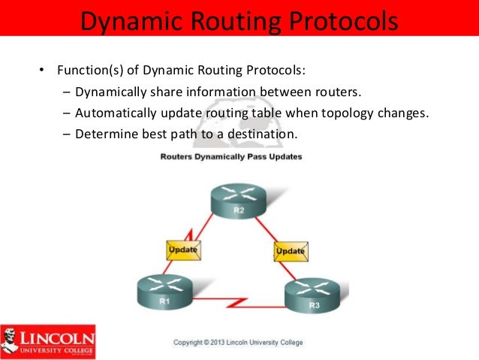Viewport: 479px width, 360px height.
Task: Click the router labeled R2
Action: [238, 201]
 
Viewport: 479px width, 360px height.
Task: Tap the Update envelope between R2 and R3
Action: [291, 250]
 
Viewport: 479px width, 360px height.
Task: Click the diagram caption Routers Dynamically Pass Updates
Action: [230, 156]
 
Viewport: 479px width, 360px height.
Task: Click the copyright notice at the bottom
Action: [238, 343]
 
